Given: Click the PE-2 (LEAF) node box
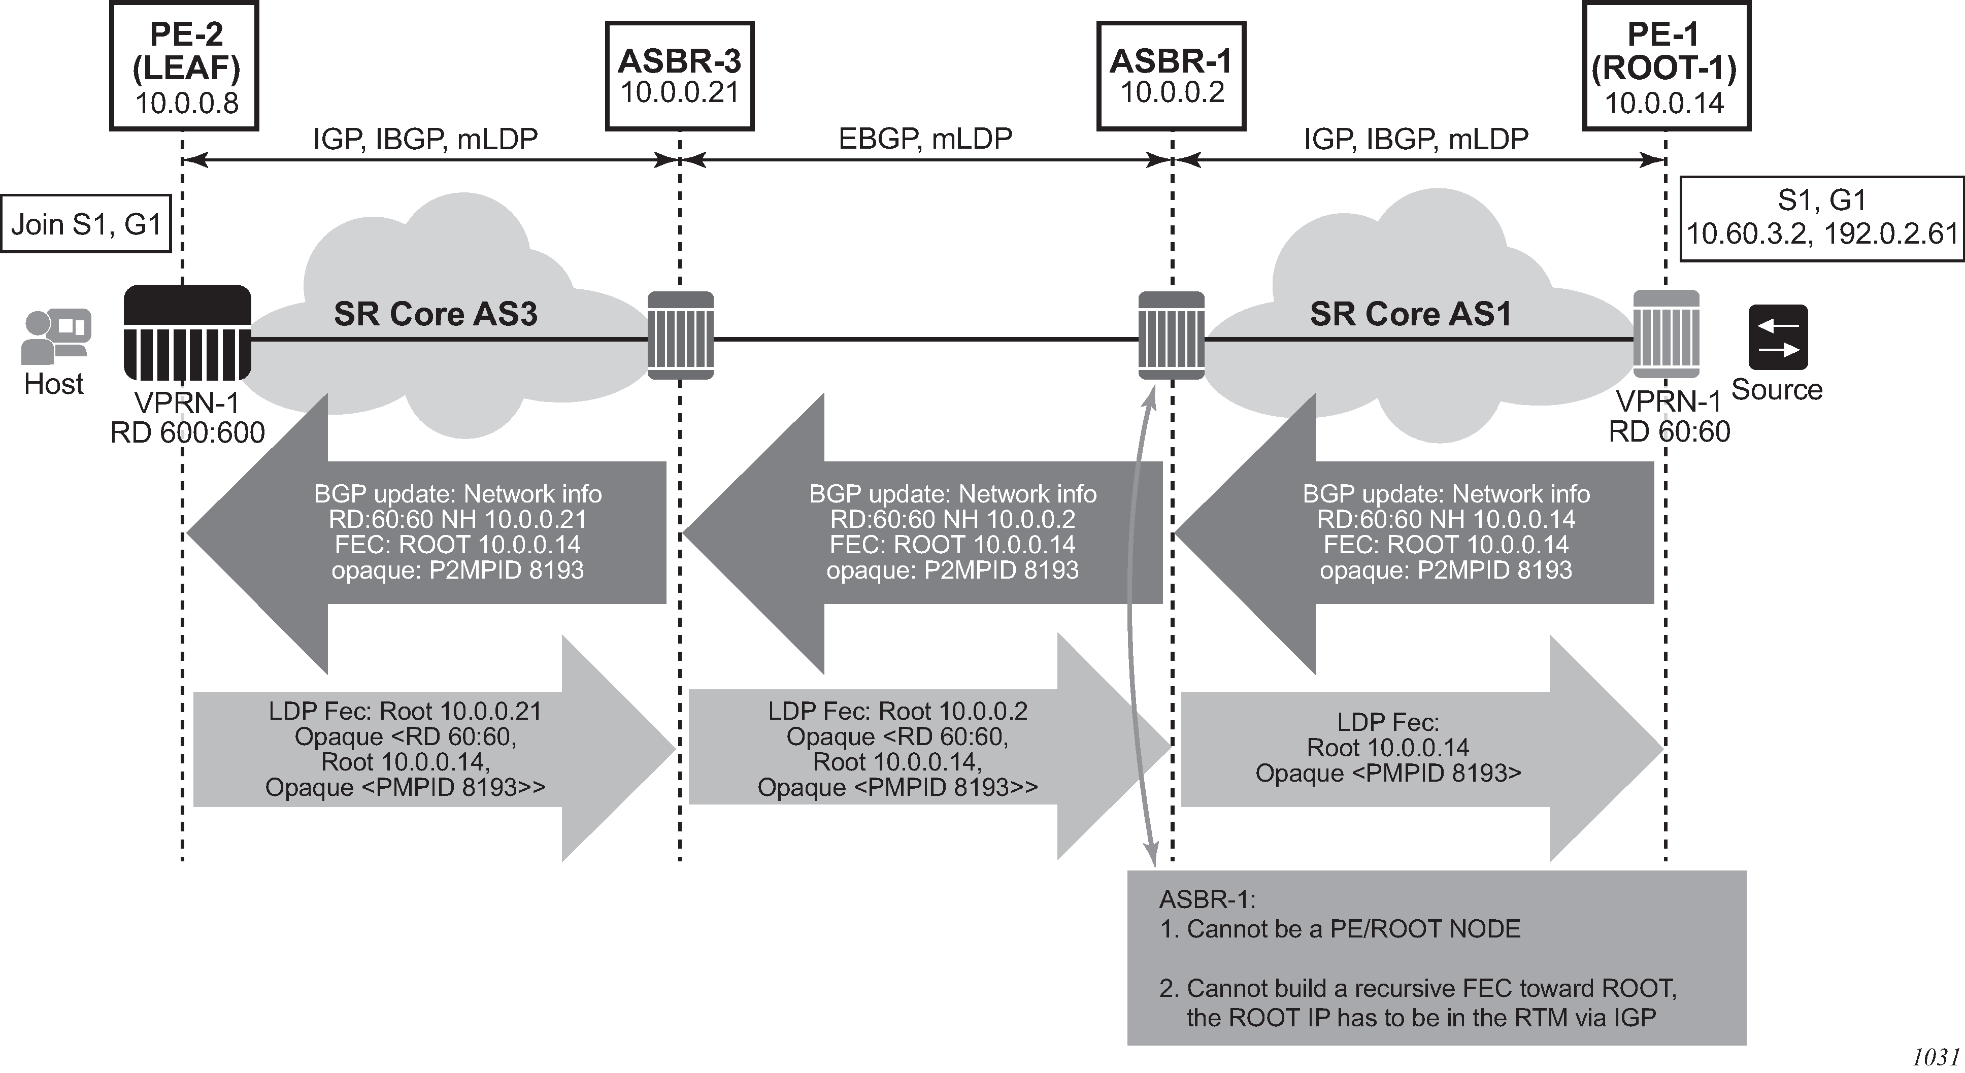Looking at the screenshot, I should pos(185,66).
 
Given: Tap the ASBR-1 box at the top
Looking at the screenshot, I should pos(1171,76).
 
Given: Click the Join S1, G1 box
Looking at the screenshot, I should pos(85,224).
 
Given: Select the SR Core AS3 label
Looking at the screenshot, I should pos(436,314).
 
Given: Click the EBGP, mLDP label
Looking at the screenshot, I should pos(925,138).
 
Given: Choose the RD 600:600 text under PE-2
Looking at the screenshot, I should pos(188,432).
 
